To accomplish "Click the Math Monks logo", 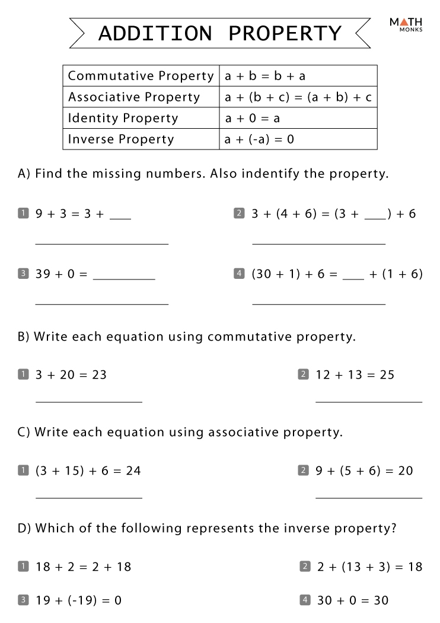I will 406,24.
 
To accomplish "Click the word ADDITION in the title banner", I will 155,33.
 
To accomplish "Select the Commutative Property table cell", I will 141,76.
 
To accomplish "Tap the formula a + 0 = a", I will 252,118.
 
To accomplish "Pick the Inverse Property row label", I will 121,139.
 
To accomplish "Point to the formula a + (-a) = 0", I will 259,139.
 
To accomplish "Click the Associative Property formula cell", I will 298,97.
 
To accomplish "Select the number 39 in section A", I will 43,274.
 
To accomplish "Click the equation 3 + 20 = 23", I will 71,375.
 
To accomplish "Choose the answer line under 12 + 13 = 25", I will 368,402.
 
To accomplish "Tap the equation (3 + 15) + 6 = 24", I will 88,471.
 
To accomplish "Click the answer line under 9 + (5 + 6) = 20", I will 368,498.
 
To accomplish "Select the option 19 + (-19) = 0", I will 78,600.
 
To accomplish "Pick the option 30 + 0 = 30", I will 353,600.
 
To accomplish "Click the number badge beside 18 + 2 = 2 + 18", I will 23,567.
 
